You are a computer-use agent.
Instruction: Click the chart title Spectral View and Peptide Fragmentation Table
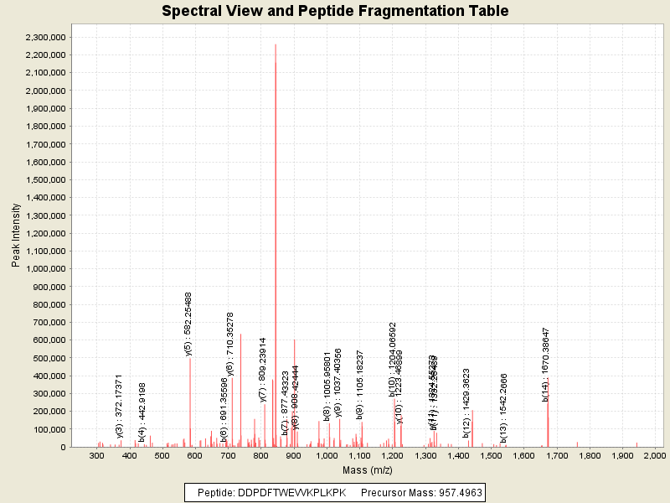pyautogui.click(x=335, y=12)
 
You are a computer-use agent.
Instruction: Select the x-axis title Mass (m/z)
pyautogui.click(x=368, y=470)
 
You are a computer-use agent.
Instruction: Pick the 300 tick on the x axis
pyautogui.click(x=97, y=455)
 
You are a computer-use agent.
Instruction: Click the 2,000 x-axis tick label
pyautogui.click(x=654, y=455)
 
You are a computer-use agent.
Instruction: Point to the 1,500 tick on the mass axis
pyautogui.click(x=490, y=455)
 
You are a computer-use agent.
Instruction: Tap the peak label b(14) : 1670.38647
pyautogui.click(x=546, y=364)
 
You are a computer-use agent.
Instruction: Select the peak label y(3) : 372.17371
pyautogui.click(x=120, y=406)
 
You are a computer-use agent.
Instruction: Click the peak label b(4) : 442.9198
pyautogui.click(x=142, y=411)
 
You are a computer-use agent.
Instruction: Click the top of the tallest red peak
pyautogui.click(x=276, y=44)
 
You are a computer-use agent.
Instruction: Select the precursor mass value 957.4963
pyautogui.click(x=453, y=492)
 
